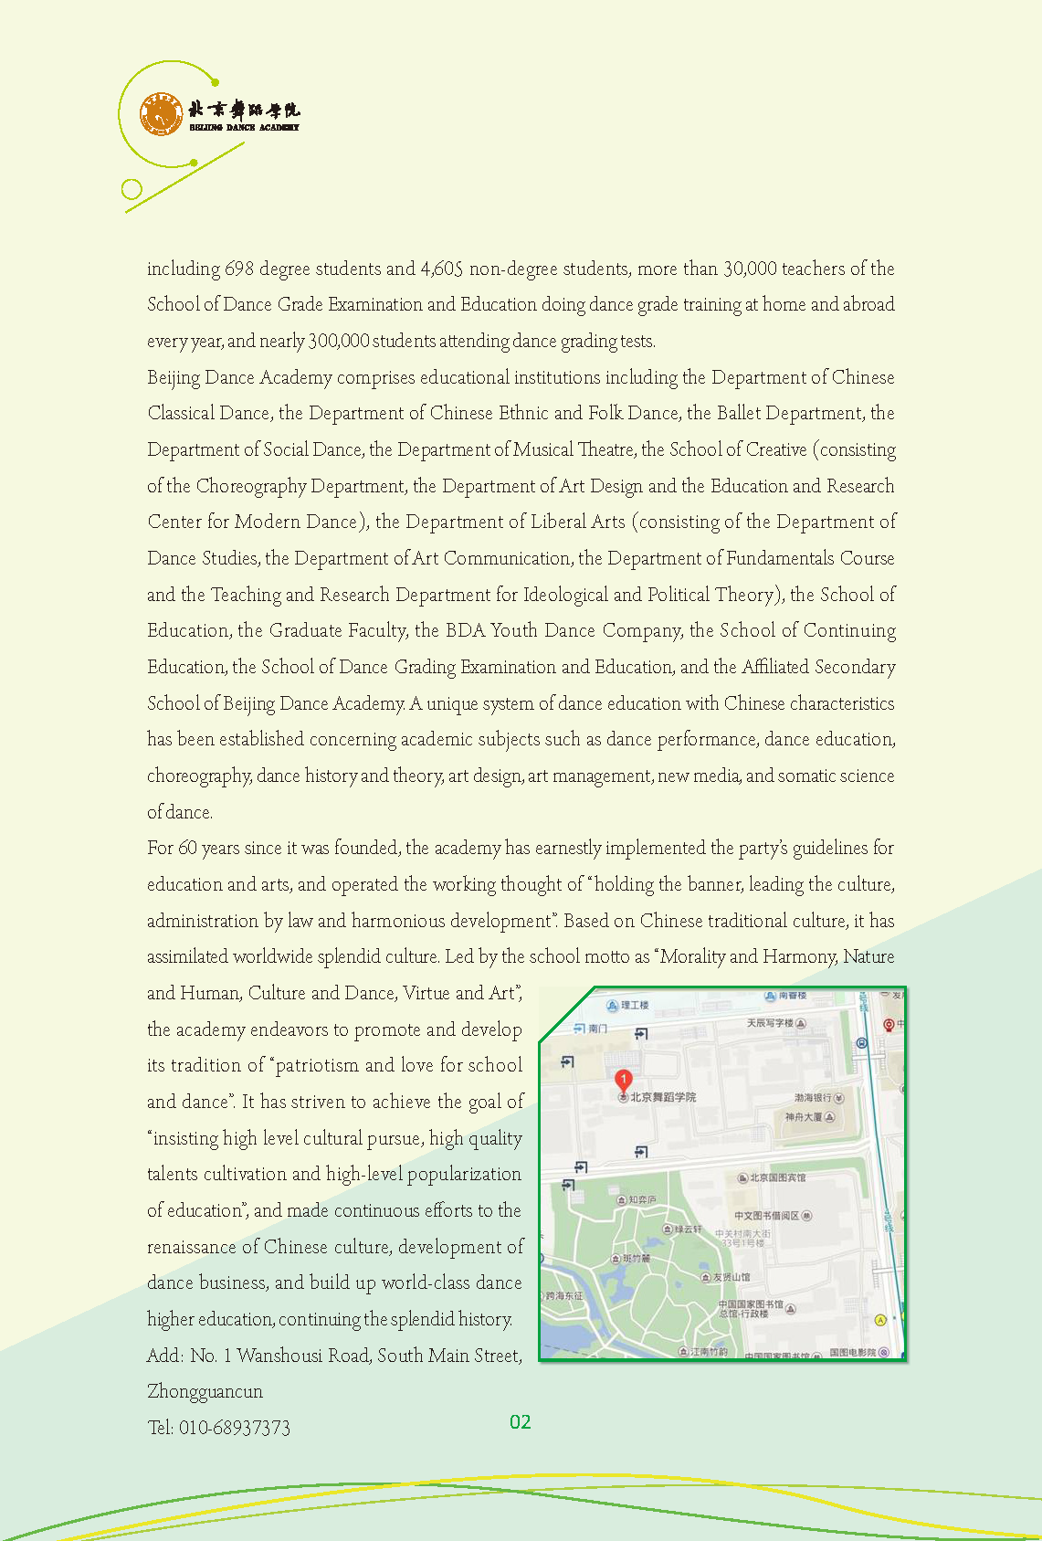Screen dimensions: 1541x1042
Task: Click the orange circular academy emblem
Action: [161, 114]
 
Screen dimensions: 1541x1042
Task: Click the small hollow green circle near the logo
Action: [132, 189]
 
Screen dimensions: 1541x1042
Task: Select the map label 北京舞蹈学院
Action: [663, 1097]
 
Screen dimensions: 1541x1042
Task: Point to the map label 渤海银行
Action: [812, 1097]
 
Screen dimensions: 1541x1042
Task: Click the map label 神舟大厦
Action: [804, 1117]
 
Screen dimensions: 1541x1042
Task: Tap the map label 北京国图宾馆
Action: [777, 1177]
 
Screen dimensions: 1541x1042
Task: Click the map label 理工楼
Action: [635, 1005]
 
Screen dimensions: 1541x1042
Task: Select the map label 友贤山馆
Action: [732, 1277]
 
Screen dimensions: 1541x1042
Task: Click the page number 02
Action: [521, 1422]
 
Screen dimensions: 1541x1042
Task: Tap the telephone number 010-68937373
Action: [235, 1428]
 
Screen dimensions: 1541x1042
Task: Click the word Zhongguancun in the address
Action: [205, 1392]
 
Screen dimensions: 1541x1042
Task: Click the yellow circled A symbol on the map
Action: [880, 1319]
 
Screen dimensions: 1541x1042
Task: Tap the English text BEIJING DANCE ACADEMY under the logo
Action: [244, 128]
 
